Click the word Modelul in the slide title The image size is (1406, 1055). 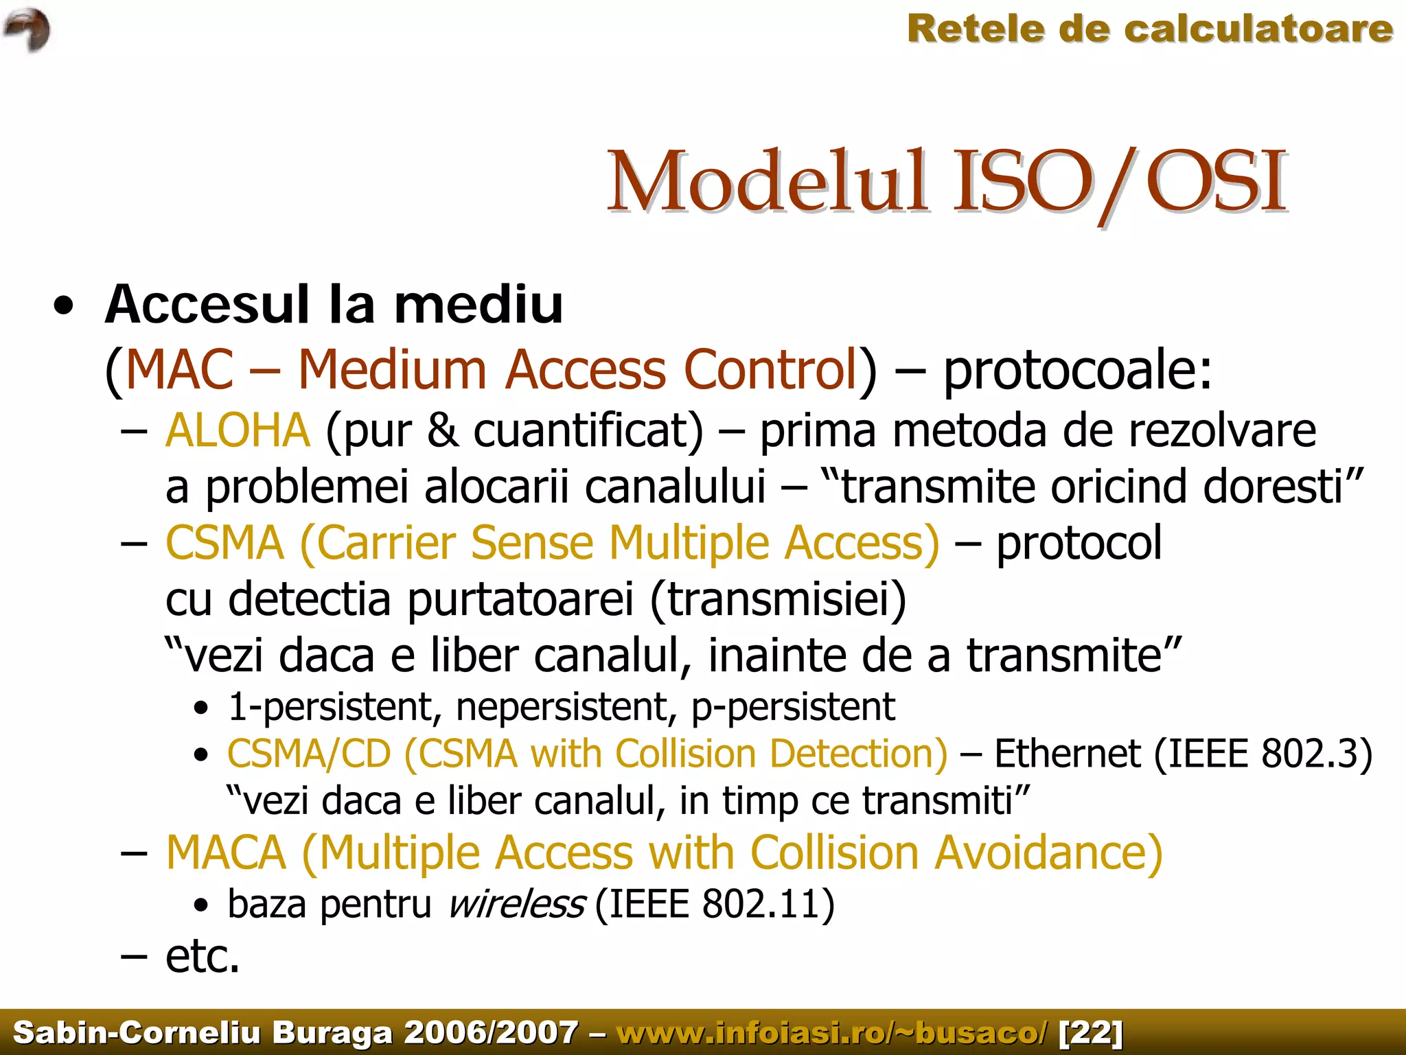766,182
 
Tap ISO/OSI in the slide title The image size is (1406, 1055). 1119,182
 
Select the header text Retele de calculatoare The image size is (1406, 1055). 1150,29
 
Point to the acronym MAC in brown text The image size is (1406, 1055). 179,370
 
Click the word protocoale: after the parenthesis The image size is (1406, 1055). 1078,370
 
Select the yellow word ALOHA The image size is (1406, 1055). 238,430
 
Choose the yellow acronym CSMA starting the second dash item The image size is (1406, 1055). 225,543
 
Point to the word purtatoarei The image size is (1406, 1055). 520,599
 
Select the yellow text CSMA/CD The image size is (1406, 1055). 309,754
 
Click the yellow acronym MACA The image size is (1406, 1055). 226,853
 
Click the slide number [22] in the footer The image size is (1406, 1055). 1091,1032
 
